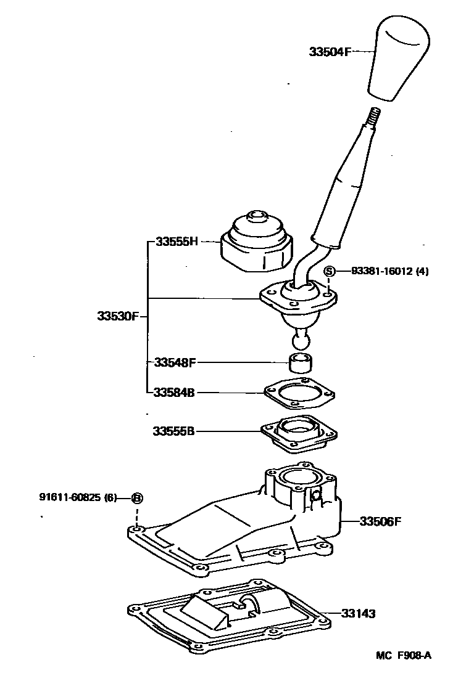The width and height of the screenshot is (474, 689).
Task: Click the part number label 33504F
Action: [x=330, y=52]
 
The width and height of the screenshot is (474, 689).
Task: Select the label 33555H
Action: [x=176, y=242]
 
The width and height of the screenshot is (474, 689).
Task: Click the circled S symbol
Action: [x=330, y=271]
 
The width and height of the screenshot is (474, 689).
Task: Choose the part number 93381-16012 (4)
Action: [x=389, y=271]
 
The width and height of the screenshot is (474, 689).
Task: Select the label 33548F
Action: [x=175, y=362]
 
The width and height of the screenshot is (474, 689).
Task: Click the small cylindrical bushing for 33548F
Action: [x=300, y=363]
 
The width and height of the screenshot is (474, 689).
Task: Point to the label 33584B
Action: [x=175, y=392]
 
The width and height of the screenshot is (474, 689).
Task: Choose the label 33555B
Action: [x=174, y=431]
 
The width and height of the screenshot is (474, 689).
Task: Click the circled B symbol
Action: [x=137, y=497]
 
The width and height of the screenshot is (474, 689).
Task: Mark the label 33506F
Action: [x=380, y=521]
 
